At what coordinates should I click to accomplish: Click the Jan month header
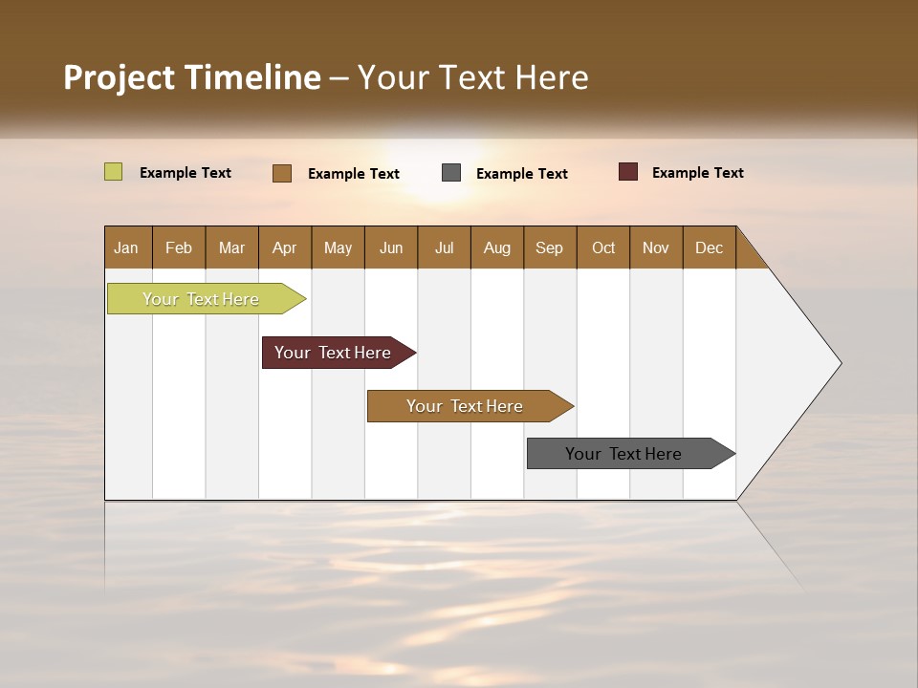point(126,247)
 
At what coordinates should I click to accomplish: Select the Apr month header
point(284,247)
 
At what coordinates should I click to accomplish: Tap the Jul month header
point(444,247)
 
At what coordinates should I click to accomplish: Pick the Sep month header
point(549,247)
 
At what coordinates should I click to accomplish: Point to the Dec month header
point(709,247)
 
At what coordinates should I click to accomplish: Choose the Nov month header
point(655,247)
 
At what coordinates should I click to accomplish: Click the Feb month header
point(179,247)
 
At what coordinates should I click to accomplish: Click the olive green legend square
point(113,172)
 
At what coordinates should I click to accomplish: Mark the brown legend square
point(281,173)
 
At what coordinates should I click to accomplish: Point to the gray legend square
point(451,172)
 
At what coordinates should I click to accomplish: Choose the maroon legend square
point(627,172)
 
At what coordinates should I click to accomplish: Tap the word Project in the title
point(119,77)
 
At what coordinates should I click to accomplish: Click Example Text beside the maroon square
point(697,173)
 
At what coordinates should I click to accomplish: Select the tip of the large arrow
point(839,363)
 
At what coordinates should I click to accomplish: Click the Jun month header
point(391,247)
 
